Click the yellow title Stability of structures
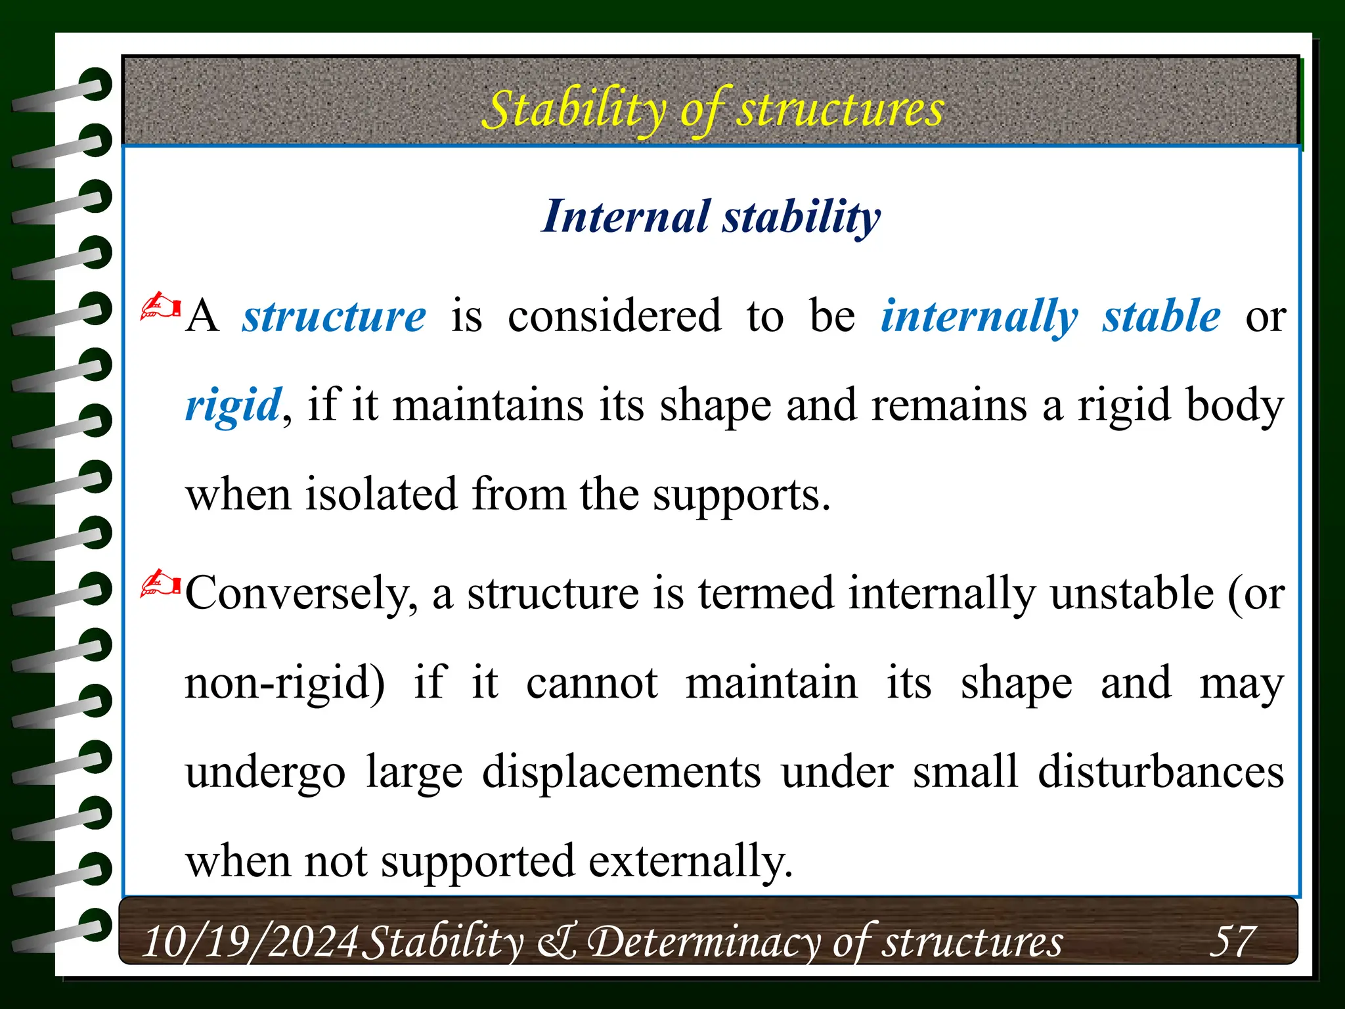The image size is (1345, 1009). [x=713, y=109]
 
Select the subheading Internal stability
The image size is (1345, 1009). [x=711, y=217]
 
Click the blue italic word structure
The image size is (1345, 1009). [x=334, y=317]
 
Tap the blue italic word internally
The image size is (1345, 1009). [x=979, y=317]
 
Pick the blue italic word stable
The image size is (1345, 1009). [x=1161, y=317]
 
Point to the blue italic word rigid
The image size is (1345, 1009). [x=233, y=405]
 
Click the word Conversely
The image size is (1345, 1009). [x=301, y=593]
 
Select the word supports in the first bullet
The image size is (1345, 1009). [x=741, y=495]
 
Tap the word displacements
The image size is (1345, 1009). [x=621, y=771]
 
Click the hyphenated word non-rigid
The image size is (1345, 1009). [x=284, y=683]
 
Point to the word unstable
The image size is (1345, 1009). [x=1131, y=593]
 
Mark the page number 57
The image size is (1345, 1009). [x=1232, y=941]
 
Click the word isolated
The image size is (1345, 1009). [x=381, y=495]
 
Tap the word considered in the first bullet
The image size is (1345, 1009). [x=614, y=317]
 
